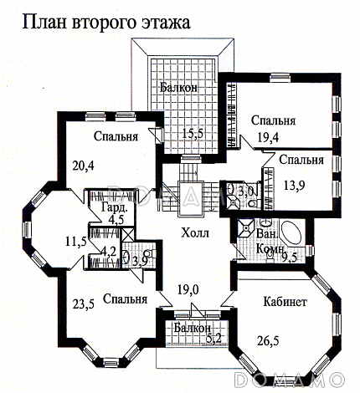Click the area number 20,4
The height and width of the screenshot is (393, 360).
pos(82,165)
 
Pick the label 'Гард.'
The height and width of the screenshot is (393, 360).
pos(114,207)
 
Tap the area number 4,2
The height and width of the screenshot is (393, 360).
pos(108,250)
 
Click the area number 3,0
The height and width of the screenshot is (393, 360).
pos(245,191)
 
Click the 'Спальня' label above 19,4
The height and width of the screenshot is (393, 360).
pos(274,118)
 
